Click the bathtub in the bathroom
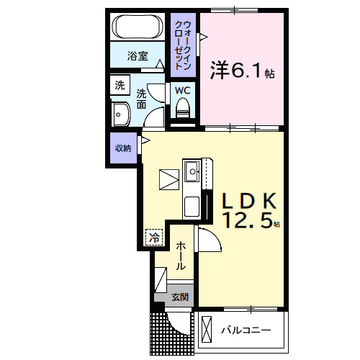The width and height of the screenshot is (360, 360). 138,30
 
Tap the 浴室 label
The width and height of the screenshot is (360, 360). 138,55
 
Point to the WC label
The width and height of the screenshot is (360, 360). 182,91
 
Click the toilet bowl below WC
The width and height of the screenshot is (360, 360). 183,108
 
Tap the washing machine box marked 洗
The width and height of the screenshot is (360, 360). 119,85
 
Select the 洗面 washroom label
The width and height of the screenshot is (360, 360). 143,99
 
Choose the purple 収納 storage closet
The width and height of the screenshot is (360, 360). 122,148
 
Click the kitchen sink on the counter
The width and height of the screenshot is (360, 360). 192,171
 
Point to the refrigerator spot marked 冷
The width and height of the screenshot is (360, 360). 153,235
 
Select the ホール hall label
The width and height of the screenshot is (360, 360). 181,255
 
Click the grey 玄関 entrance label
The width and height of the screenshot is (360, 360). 180,297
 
